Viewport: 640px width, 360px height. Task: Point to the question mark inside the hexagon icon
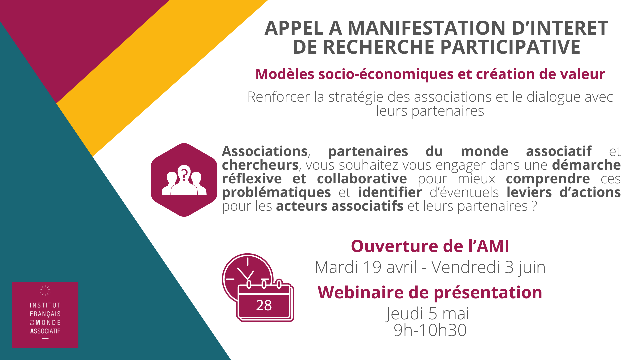pyautogui.click(x=184, y=173)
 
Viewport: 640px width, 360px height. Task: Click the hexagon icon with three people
pyautogui.click(x=184, y=180)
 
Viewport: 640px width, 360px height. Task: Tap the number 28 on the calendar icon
pyautogui.click(x=264, y=305)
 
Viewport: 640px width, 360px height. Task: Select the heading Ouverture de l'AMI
pyautogui.click(x=430, y=246)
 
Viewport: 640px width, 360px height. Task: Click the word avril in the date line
pyautogui.click(x=402, y=267)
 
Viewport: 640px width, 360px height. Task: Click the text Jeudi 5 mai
pyautogui.click(x=427, y=314)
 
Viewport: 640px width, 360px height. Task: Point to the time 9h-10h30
pyautogui.click(x=430, y=330)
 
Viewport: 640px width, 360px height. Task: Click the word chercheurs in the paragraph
pyautogui.click(x=260, y=165)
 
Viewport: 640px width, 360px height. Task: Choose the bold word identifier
pyautogui.click(x=390, y=192)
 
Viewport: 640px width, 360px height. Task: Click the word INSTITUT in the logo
pyautogui.click(x=45, y=305)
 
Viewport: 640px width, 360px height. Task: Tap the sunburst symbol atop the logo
pyautogui.click(x=45, y=291)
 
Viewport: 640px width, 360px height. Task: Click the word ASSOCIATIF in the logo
pyautogui.click(x=45, y=331)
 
